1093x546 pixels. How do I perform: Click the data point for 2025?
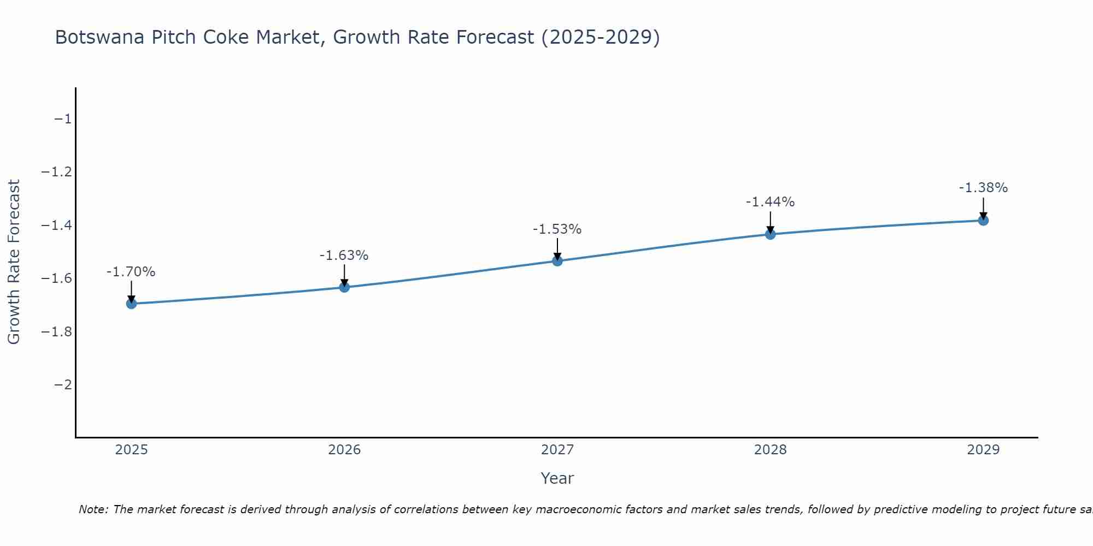[x=131, y=304]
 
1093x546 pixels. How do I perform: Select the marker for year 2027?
[x=557, y=261]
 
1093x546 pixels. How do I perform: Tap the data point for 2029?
[x=983, y=221]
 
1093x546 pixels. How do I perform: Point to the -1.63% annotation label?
[x=344, y=256]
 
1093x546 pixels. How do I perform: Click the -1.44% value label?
[x=770, y=202]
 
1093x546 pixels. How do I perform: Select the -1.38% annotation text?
[x=983, y=188]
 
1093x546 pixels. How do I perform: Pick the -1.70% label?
[x=131, y=272]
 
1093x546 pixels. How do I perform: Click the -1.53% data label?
[x=557, y=229]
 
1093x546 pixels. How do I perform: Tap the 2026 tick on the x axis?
[x=344, y=450]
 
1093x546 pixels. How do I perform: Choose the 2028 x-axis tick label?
[x=770, y=450]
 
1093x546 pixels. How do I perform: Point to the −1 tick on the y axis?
[x=63, y=119]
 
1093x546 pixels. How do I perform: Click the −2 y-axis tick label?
[x=63, y=385]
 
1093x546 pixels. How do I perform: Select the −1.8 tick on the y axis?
[x=56, y=332]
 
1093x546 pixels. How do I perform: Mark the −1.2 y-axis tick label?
[x=56, y=173]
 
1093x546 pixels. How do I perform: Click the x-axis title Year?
[x=557, y=478]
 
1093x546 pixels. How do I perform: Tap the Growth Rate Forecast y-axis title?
[x=14, y=262]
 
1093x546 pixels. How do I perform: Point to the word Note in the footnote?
[x=93, y=509]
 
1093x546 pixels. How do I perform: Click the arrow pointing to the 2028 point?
[x=770, y=223]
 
